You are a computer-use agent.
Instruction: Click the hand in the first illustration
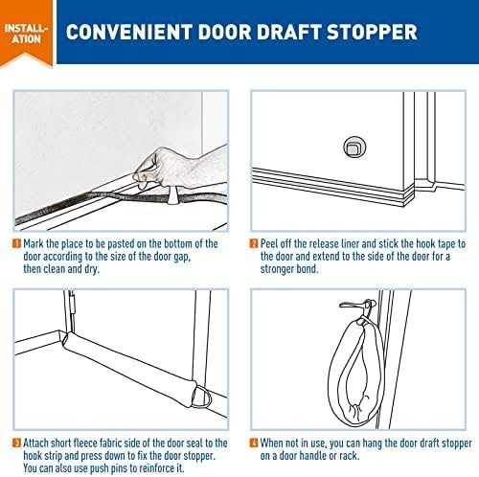pyautogui.click(x=177, y=163)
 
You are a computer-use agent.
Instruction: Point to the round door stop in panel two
pyautogui.click(x=351, y=147)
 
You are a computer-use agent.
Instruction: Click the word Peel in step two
pyautogui.click(x=272, y=244)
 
